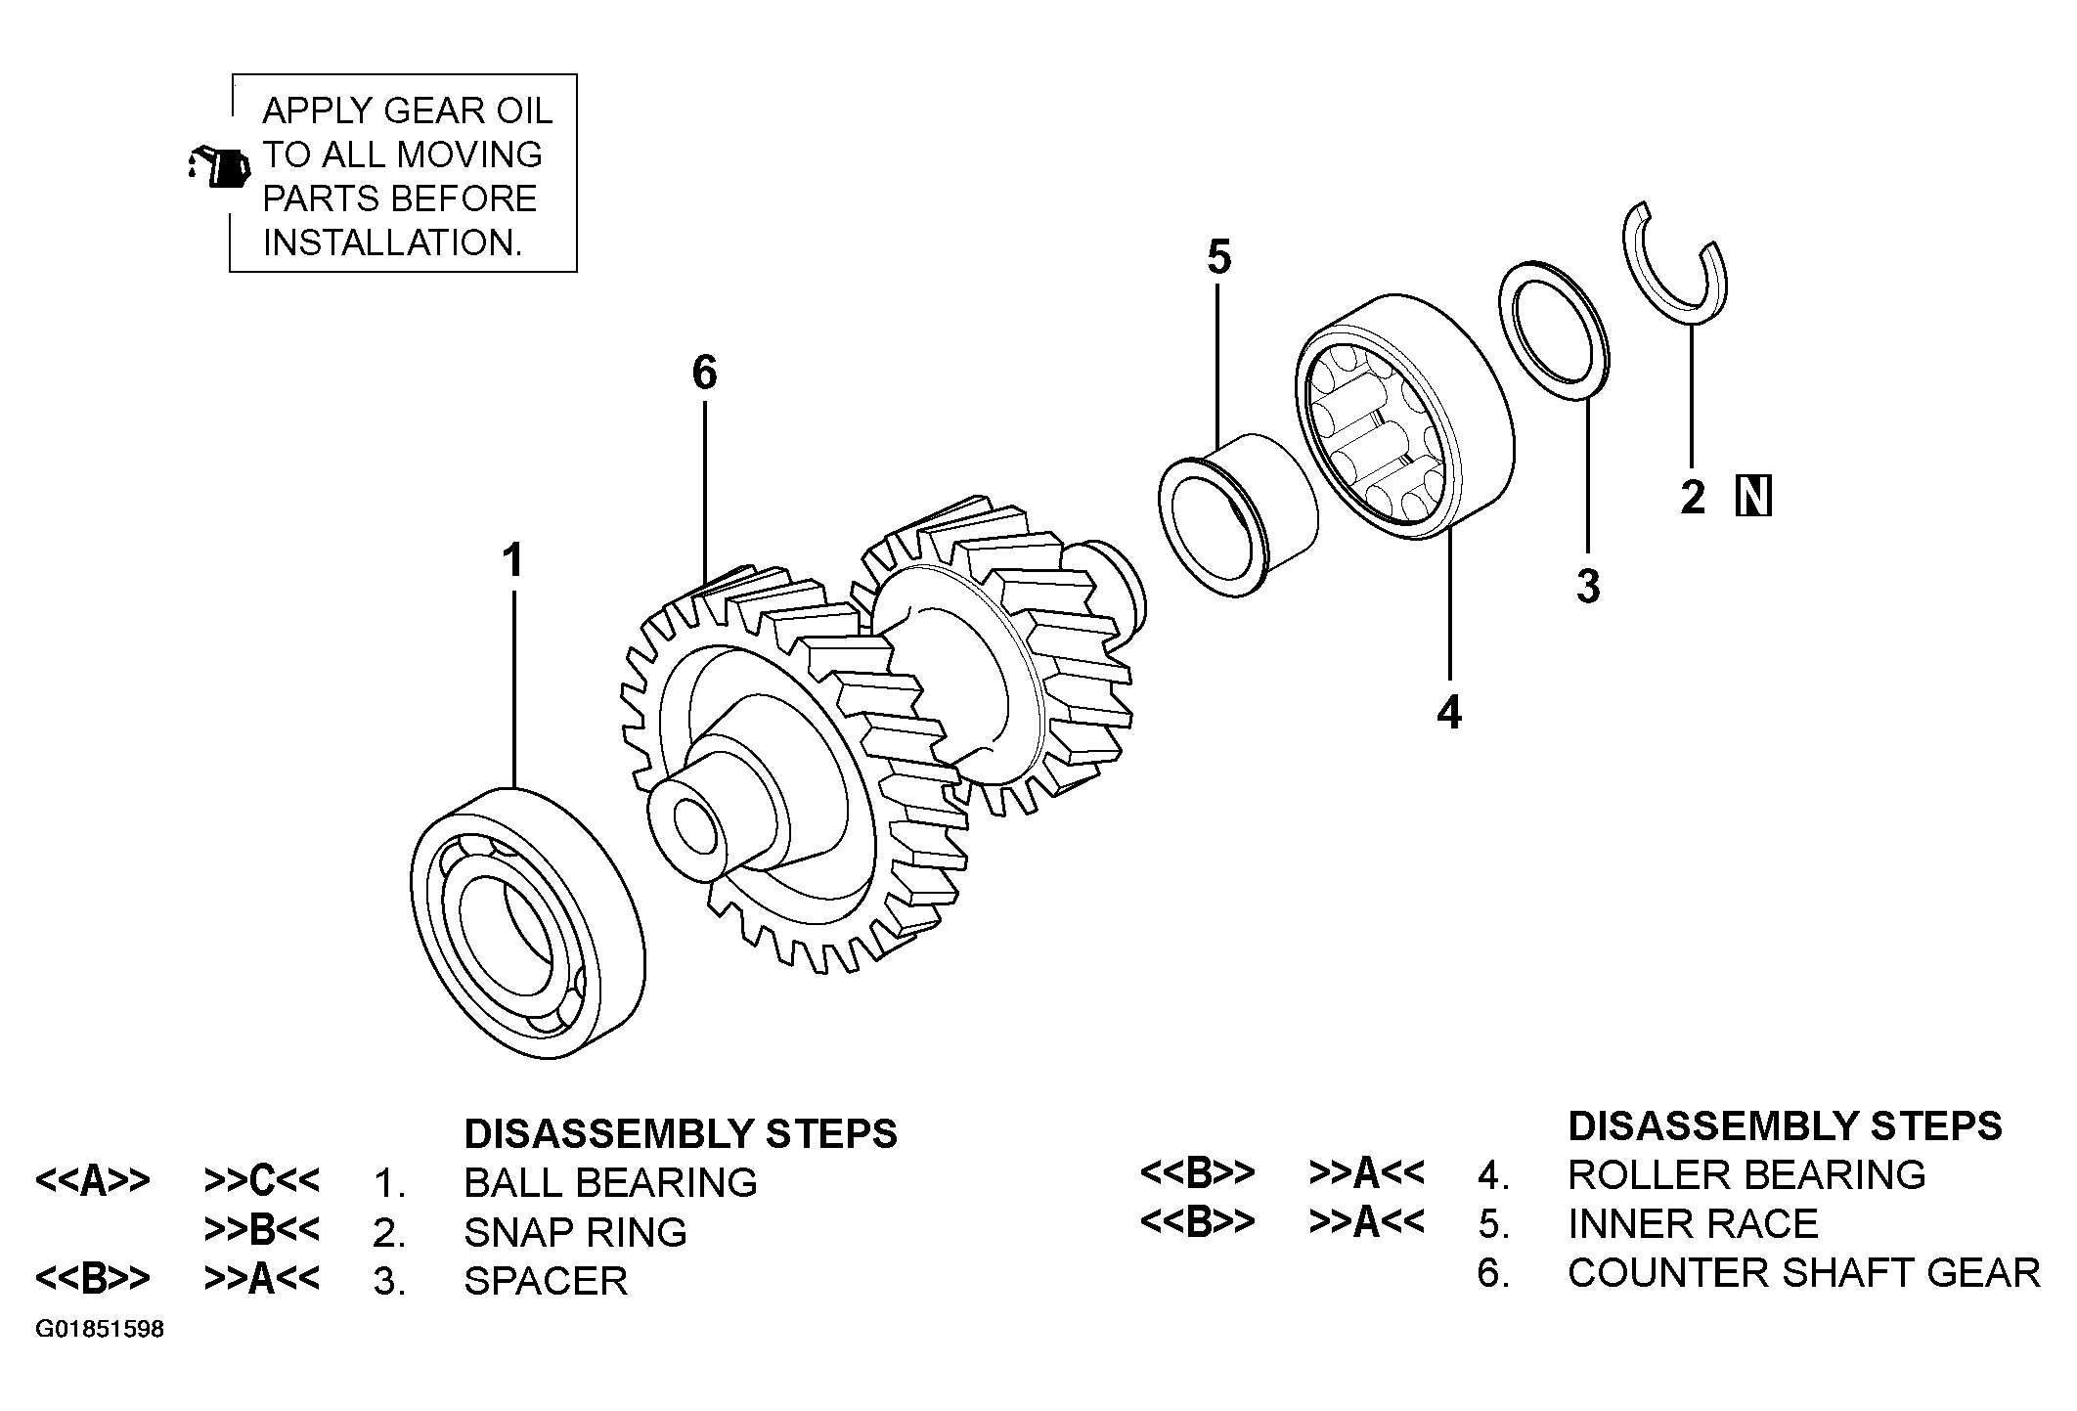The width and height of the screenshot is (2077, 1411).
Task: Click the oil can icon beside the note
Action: (218, 166)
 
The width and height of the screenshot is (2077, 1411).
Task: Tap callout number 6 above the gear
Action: (704, 373)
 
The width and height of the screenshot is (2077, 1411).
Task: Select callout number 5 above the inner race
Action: (1218, 257)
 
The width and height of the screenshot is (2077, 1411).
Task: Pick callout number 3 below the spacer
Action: (1588, 586)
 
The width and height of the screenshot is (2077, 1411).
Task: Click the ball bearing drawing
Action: (527, 921)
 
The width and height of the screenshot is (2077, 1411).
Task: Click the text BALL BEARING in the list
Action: (610, 1182)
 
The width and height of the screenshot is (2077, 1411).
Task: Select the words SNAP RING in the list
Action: (575, 1232)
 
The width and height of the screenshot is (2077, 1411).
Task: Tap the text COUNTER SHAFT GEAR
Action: (1804, 1273)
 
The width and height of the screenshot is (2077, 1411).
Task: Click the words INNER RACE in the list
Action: (1693, 1224)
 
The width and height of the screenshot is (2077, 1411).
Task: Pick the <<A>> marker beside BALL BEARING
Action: (93, 1181)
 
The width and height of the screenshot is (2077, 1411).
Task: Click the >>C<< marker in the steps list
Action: (262, 1181)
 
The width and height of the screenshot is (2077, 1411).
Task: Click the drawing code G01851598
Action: (100, 1330)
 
